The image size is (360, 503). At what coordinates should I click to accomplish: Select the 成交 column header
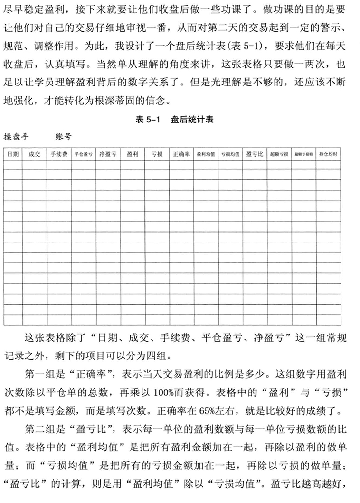tap(34, 154)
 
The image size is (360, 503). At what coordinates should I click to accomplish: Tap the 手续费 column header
tap(59, 154)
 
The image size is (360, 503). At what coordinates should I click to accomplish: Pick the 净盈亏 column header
tap(108, 154)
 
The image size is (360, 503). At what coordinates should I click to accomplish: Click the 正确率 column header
tap(181, 154)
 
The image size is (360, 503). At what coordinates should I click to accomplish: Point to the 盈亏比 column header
tap(255, 154)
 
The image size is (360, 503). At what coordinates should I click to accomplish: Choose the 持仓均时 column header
tap(328, 154)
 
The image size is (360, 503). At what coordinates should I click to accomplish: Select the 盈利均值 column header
tap(206, 154)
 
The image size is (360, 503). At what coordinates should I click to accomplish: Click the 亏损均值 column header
tap(230, 154)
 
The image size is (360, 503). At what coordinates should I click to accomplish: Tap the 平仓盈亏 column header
tap(83, 154)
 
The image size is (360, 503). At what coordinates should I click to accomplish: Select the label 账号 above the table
tap(63, 137)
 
